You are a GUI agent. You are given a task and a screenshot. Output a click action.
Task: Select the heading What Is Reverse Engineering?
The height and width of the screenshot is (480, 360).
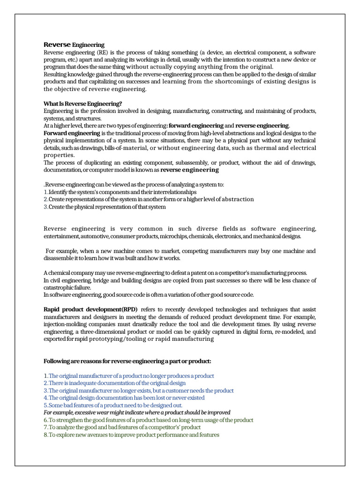coord(82,104)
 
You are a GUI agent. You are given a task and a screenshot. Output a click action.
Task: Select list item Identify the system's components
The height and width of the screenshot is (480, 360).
coord(120,192)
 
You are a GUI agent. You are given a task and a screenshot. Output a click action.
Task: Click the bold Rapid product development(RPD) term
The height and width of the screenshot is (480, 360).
coord(90,309)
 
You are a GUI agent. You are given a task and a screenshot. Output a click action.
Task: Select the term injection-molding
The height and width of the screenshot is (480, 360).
coord(65,324)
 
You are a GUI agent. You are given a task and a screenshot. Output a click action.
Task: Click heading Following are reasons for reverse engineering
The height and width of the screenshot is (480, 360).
coord(127,361)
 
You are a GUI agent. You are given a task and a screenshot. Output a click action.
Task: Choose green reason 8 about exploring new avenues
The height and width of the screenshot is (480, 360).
coord(131,435)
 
